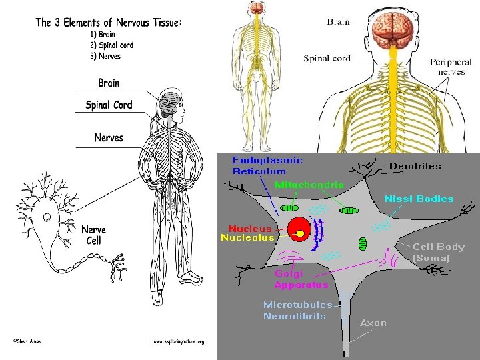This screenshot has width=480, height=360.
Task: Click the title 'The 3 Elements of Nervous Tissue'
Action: (109, 22)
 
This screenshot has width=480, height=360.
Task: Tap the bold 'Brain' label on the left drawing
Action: (109, 83)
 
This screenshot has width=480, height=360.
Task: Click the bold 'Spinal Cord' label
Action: (109, 105)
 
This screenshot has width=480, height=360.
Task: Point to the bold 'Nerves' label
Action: (109, 137)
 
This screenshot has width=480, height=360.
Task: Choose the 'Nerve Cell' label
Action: (94, 235)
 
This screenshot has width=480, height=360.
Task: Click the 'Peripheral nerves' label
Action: (451, 67)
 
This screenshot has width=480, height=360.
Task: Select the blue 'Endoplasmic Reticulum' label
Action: (267, 165)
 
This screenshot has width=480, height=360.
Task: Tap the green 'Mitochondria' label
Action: (309, 185)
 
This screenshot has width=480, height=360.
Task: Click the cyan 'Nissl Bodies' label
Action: (419, 199)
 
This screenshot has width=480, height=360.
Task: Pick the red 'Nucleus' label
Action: (251, 229)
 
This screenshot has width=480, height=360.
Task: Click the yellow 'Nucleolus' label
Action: (247, 237)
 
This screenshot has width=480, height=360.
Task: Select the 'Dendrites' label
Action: (415, 166)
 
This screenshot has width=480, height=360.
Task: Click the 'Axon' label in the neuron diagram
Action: (373, 323)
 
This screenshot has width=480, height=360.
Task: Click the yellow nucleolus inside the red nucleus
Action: (301, 233)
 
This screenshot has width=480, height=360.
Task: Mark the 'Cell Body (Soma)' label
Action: (438, 251)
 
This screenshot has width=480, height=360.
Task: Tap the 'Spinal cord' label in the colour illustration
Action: (327, 59)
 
